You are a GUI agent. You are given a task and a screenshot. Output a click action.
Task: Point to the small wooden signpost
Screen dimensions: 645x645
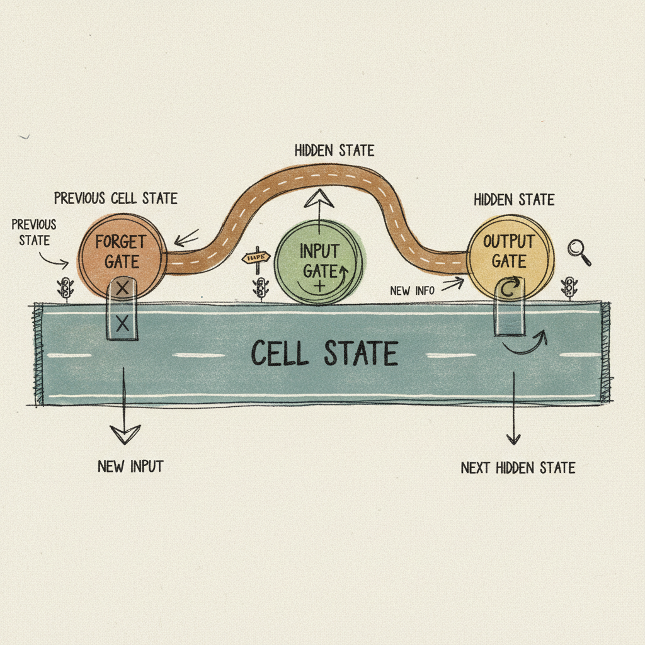(x=256, y=258)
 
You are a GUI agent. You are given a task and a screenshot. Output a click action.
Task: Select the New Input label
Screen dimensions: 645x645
(x=130, y=467)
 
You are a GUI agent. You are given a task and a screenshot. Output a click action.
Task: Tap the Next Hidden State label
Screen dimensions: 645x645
(x=518, y=468)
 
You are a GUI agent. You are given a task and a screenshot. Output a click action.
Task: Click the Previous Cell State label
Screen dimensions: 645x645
(x=115, y=198)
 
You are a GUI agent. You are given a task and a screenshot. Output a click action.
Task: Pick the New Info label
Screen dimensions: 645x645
(x=409, y=290)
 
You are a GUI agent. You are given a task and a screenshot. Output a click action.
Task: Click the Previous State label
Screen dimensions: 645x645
(x=33, y=231)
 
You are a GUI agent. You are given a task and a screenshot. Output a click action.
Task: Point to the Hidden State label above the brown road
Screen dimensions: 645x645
(x=334, y=151)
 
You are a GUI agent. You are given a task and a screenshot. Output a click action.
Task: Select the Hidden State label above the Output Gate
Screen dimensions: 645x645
(x=514, y=200)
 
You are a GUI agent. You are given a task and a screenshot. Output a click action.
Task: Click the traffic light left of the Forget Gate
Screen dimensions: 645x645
(x=64, y=288)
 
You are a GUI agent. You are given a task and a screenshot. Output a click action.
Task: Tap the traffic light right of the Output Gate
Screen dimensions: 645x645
(x=570, y=287)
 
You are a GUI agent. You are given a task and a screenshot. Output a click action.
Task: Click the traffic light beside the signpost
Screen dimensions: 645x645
(x=260, y=289)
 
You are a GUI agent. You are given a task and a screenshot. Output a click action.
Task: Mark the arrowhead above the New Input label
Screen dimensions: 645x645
(x=125, y=434)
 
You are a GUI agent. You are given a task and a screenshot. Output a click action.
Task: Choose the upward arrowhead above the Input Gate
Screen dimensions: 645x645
(x=319, y=200)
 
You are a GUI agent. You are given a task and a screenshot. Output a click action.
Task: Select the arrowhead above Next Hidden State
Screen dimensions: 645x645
(x=514, y=439)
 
